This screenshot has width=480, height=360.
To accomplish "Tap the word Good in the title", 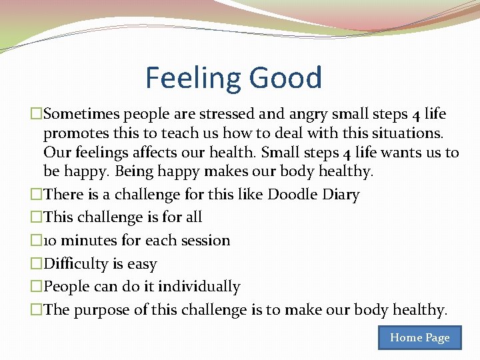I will click(x=286, y=78).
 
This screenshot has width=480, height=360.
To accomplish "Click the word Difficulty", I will click(x=74, y=264).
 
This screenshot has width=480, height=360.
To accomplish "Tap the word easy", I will click(x=141, y=265).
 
